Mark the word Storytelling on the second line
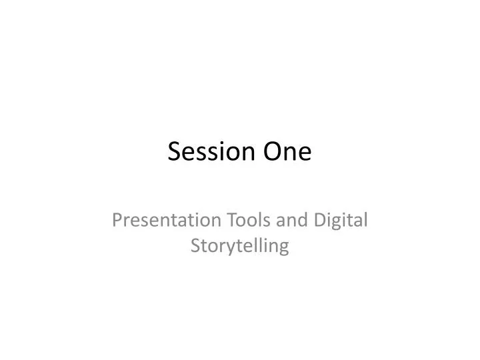pyautogui.click(x=240, y=247)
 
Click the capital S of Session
pyautogui.click(x=174, y=152)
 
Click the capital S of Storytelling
pyautogui.click(x=195, y=246)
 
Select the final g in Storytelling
pyautogui.click(x=284, y=249)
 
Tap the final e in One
pyautogui.click(x=303, y=153)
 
